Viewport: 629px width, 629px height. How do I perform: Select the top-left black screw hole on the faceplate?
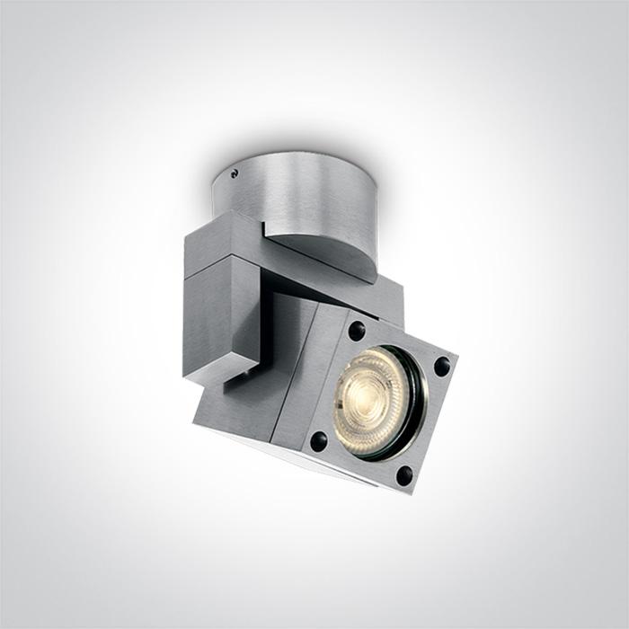click(358, 330)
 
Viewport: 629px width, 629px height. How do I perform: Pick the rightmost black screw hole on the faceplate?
click(441, 366)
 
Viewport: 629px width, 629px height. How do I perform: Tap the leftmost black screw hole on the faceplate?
click(318, 440)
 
